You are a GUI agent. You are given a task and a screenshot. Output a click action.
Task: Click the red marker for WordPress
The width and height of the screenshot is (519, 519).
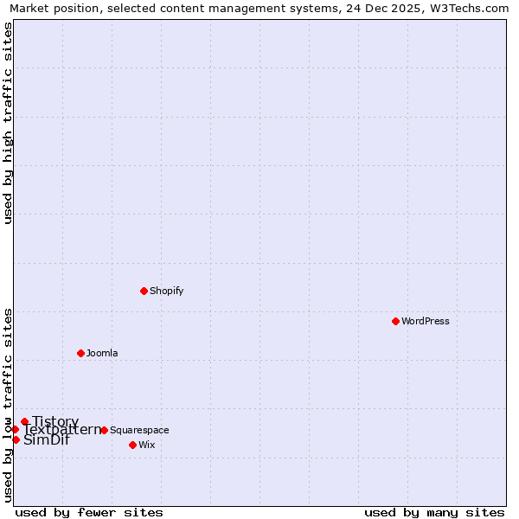[395, 321]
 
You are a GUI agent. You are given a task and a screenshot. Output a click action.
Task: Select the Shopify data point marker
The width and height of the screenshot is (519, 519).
[144, 291]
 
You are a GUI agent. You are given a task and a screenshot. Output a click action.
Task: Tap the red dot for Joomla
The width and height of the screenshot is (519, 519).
[80, 353]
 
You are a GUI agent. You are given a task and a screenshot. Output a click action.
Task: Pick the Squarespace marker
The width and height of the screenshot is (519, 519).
[104, 430]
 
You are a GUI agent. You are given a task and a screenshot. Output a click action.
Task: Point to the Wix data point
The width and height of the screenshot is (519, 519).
[132, 445]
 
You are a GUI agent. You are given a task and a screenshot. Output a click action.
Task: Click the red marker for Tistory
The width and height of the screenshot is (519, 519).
[24, 421]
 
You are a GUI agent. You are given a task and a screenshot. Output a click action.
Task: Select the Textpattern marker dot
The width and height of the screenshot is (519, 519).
[15, 429]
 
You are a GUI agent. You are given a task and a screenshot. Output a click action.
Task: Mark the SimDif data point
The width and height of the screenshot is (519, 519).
[16, 439]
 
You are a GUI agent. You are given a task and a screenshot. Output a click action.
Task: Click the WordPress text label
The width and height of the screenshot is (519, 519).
[426, 321]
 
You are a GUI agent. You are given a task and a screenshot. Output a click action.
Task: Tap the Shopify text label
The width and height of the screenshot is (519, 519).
[167, 291]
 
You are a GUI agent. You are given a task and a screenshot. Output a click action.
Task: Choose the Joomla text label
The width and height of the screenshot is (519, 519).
[102, 353]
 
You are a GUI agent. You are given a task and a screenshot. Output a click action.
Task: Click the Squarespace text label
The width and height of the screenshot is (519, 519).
[139, 430]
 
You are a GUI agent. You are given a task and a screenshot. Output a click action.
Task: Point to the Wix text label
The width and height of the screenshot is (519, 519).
[147, 445]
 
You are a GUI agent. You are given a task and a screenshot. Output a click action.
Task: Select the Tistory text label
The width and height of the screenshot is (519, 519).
[55, 421]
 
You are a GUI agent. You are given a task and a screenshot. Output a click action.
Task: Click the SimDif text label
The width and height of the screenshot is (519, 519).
[47, 440]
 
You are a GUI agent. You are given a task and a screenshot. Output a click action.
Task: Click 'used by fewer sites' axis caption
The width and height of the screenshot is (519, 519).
[89, 512]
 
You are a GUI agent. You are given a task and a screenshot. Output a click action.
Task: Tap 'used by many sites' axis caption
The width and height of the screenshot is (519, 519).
[434, 512]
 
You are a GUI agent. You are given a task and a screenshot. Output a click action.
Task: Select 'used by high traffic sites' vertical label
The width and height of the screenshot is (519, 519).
[9, 123]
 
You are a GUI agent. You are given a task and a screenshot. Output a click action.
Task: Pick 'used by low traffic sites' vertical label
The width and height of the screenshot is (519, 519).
[9, 405]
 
